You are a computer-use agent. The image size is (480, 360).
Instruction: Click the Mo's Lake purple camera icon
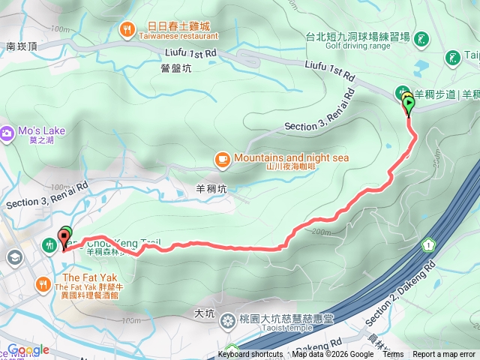pyautogui.click(x=7, y=133)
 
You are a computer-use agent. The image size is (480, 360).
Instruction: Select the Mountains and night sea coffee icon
pyautogui.click(x=223, y=158)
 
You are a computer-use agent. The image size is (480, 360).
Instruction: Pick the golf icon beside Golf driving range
pyautogui.click(x=421, y=37)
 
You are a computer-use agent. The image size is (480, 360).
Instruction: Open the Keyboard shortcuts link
pyautogui.click(x=250, y=355)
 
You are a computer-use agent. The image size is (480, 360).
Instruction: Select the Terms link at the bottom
pyautogui.click(x=392, y=355)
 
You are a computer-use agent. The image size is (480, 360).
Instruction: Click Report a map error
pyautogui.click(x=444, y=355)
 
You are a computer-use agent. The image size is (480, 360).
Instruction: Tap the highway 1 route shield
pyautogui.click(x=428, y=244)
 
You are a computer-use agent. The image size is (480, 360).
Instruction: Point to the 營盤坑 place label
pyautogui.click(x=178, y=67)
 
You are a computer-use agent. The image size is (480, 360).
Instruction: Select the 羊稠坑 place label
pyautogui.click(x=210, y=190)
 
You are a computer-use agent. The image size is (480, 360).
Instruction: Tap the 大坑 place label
pyautogui.click(x=204, y=312)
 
